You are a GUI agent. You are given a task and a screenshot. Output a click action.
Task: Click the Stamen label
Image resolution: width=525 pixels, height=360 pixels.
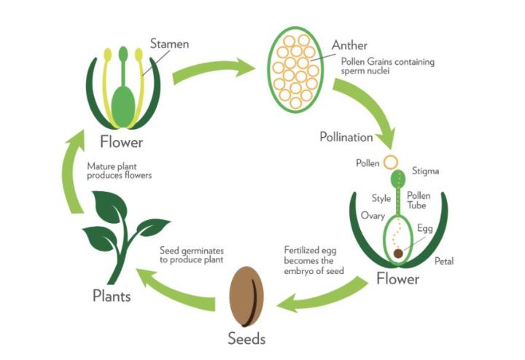tap(169, 44)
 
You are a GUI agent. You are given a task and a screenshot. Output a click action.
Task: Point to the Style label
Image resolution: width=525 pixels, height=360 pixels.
tap(381, 197)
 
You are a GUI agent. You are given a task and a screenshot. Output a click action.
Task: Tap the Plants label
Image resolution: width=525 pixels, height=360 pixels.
tap(112, 296)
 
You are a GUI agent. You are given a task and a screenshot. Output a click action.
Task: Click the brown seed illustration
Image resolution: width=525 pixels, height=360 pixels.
tap(246, 297)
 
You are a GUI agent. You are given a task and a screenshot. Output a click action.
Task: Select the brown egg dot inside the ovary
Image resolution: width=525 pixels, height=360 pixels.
tap(399, 254)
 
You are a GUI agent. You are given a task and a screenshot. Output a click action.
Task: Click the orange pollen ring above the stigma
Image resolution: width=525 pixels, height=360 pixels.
tap(392, 162)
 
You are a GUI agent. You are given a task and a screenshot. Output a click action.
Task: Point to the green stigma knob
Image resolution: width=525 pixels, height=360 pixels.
tap(399, 178)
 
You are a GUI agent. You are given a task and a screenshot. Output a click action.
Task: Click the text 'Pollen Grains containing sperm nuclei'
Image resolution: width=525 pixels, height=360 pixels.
tap(386, 66)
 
